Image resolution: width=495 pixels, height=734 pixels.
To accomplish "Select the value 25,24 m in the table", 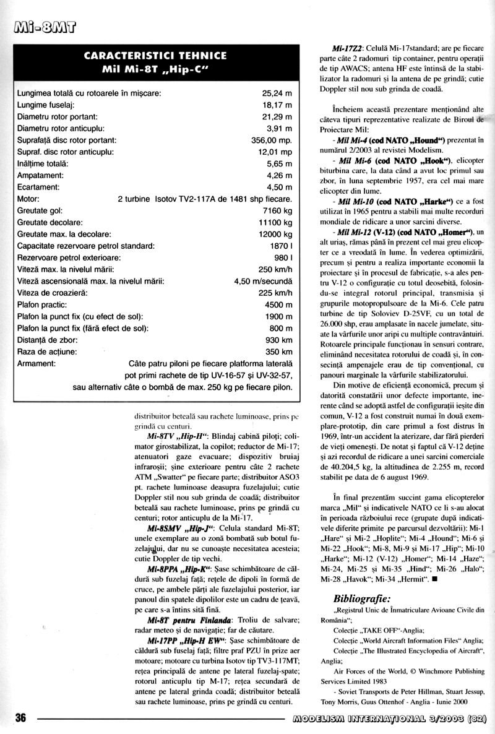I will [x=277, y=93].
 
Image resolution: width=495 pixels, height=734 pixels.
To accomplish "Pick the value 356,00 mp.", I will [x=272, y=140].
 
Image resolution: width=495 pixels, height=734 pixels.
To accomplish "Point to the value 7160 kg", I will [x=277, y=210].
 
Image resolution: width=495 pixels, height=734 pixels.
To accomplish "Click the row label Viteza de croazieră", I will [x=53, y=293].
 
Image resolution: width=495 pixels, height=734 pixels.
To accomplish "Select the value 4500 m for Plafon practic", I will [x=277, y=304].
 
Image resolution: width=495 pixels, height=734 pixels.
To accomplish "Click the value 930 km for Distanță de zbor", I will [x=278, y=340].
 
